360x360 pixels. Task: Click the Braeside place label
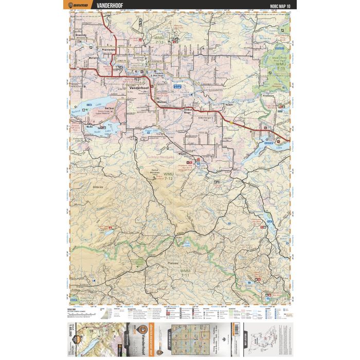coord(81,35)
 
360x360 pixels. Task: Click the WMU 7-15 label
coord(281,63)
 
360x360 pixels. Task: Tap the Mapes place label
coord(182,153)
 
